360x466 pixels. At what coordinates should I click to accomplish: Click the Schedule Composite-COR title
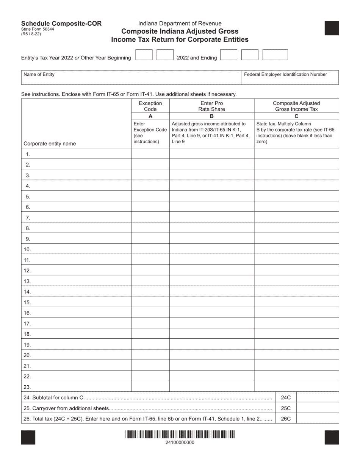[61, 23]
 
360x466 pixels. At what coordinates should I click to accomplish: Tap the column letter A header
[150, 116]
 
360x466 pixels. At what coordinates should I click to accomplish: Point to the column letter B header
[212, 116]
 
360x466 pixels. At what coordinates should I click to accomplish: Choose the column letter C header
[296, 116]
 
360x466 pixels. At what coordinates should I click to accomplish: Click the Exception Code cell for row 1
[150, 154]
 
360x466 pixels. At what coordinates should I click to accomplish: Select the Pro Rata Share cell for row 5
[212, 196]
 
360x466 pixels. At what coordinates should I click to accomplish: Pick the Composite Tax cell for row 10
[296, 249]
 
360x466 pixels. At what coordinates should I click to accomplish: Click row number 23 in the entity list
[27, 387]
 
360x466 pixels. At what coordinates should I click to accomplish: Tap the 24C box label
[286, 397]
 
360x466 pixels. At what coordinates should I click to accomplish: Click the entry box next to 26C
[318, 419]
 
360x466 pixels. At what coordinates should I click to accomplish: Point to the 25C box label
[286, 408]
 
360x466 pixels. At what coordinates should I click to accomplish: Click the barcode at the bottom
[180, 434]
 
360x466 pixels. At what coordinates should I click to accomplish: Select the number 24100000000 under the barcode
[180, 442]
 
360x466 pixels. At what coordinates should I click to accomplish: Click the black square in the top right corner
[332, 28]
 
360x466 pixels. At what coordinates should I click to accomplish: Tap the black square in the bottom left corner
[28, 437]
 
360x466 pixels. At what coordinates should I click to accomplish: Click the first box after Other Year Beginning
[144, 55]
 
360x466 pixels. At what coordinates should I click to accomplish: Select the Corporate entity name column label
[50, 144]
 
